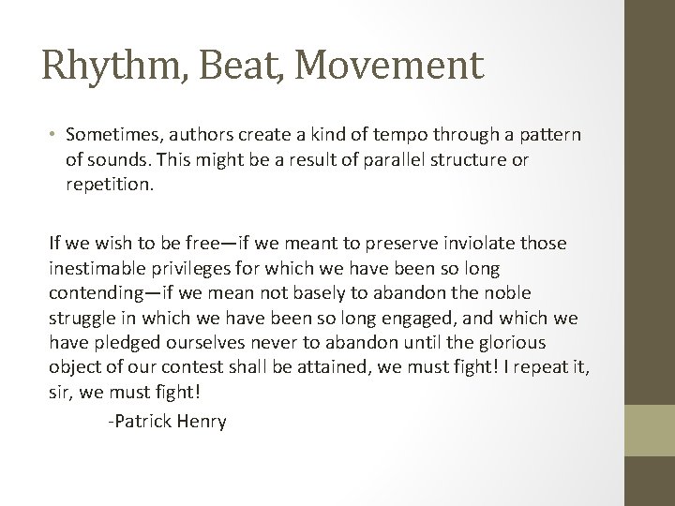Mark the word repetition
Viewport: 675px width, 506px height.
coord(107,184)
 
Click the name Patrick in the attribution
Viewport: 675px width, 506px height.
coord(139,422)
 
